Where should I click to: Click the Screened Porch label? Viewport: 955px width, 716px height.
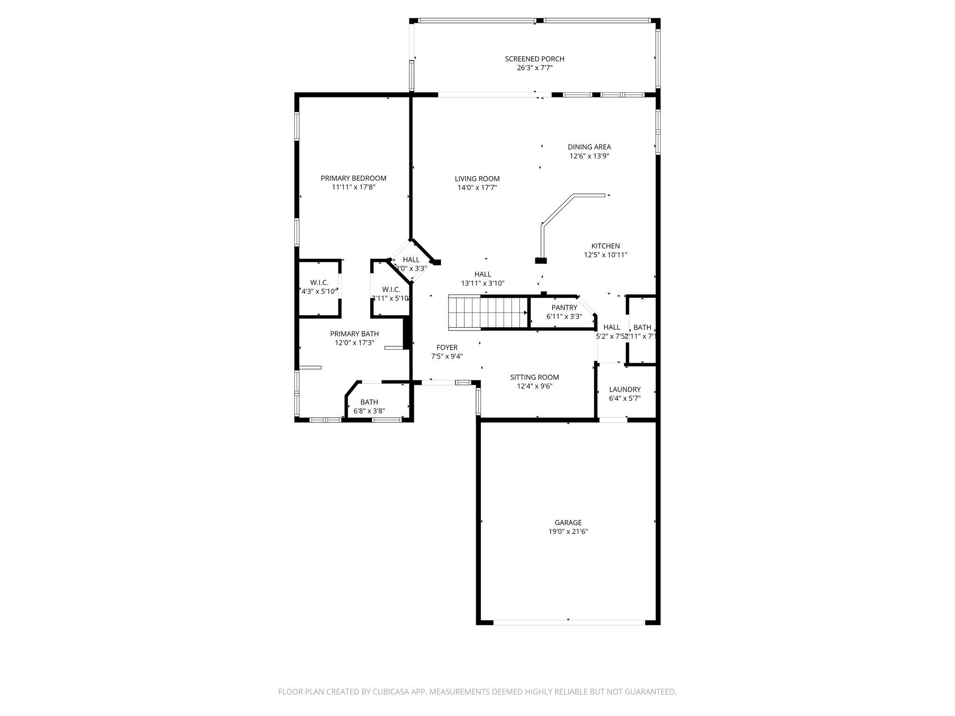point(534,59)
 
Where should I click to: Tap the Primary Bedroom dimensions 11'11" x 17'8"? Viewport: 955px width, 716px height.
point(353,187)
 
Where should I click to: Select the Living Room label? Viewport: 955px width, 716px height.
point(477,179)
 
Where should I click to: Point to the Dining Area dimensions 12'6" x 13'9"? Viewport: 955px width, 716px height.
point(589,156)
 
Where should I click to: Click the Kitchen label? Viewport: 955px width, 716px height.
point(605,246)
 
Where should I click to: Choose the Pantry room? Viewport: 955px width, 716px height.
point(564,312)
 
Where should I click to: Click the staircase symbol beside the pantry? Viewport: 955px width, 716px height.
point(487,313)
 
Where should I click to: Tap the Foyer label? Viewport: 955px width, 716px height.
point(447,347)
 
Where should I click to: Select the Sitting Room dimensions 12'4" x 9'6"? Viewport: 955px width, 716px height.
point(534,386)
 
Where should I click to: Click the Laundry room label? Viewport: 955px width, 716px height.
point(624,390)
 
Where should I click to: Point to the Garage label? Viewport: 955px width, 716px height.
point(568,523)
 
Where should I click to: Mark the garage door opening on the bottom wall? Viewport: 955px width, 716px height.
point(568,622)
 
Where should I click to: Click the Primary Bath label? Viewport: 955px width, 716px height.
point(354,334)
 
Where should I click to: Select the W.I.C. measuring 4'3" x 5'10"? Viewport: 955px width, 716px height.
point(319,287)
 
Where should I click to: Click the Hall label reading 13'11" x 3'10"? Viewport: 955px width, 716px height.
point(483,274)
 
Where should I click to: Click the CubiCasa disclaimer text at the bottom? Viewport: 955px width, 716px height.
point(477,692)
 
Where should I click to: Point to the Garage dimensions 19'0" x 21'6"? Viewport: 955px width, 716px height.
point(568,532)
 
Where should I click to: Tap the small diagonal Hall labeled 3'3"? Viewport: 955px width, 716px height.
point(411,264)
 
